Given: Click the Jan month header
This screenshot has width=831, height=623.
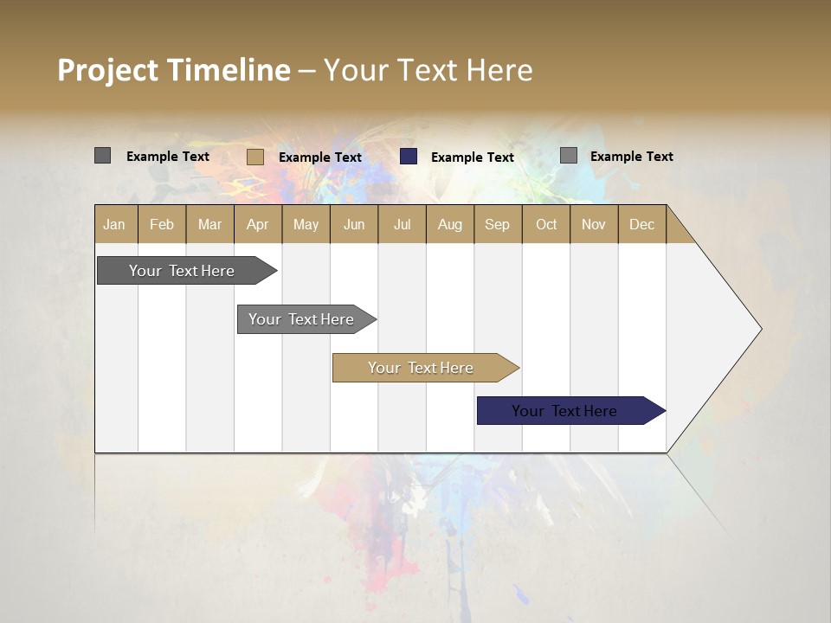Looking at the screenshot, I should [115, 224].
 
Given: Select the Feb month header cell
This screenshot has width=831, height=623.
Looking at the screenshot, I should [162, 224].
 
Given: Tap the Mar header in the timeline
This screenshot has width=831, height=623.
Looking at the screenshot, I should [209, 224].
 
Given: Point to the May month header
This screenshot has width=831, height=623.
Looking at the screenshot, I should [306, 224].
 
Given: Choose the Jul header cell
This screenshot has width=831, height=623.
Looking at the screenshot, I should [402, 224].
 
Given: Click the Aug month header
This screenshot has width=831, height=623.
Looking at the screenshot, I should [450, 224].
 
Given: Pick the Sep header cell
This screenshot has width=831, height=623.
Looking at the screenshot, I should [498, 224].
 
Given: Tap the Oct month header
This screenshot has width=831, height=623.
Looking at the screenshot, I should [546, 224].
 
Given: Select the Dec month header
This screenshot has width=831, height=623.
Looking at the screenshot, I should [642, 224].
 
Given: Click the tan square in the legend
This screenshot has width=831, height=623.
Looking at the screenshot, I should [255, 157].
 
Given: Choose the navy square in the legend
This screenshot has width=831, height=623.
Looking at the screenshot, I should [409, 157].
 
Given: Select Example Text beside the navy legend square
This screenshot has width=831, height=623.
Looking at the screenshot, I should [473, 157].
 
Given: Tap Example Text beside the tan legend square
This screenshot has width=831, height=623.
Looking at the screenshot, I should [320, 157].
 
